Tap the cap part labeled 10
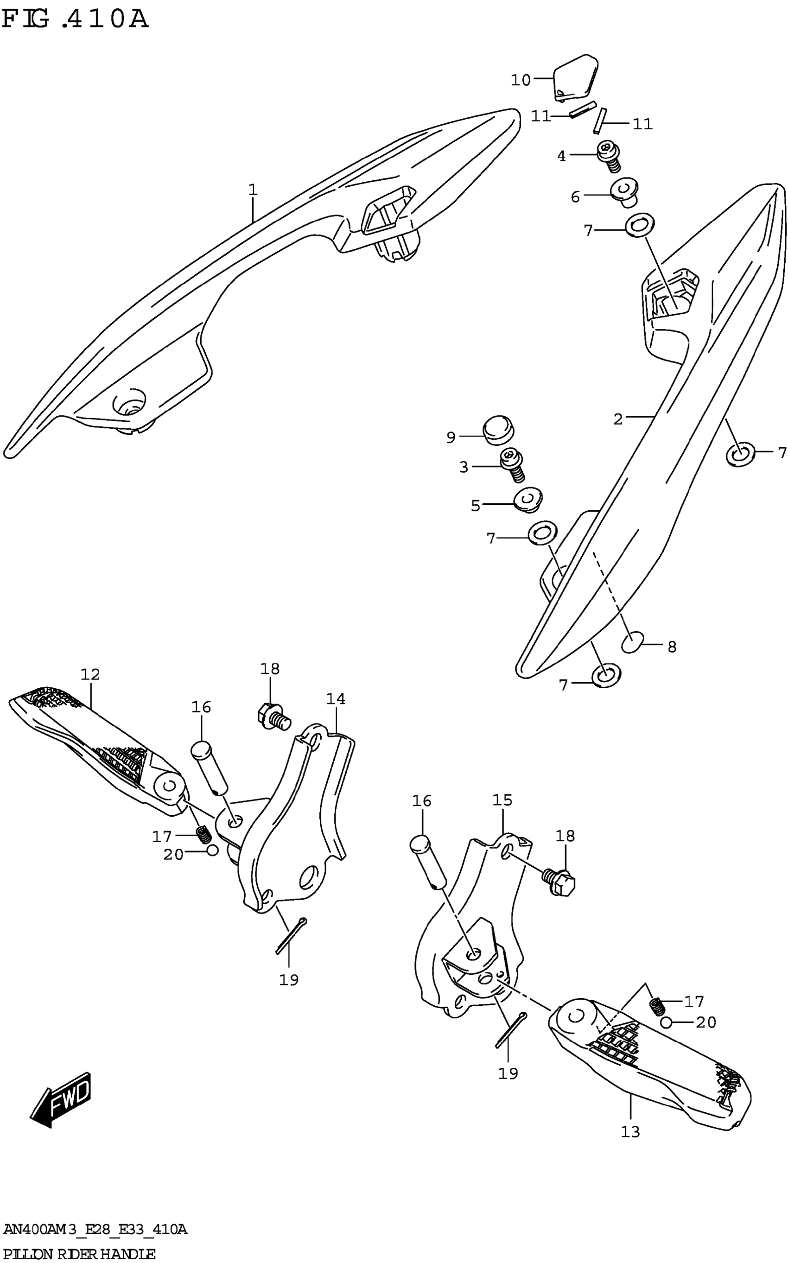point(574,77)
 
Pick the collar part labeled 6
point(625,192)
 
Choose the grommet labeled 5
point(527,499)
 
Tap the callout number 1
point(253,190)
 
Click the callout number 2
point(617,419)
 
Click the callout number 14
point(336,699)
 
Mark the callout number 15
point(502,800)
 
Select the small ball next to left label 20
point(212,850)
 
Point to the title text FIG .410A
point(76,20)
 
